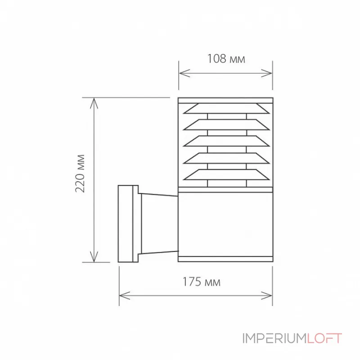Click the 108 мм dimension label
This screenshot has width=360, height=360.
(x=226, y=59)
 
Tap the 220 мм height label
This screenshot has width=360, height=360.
(x=81, y=173)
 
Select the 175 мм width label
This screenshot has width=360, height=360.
(x=201, y=283)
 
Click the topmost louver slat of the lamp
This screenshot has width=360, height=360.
(x=225, y=109)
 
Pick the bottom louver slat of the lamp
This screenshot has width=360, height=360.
(x=225, y=174)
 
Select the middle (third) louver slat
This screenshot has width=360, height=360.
(x=225, y=141)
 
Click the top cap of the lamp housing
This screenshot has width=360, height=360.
(x=225, y=100)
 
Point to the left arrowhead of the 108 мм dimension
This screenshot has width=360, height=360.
(x=182, y=73)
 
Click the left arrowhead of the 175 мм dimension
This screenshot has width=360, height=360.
(x=122, y=296)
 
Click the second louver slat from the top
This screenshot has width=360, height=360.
(x=225, y=125)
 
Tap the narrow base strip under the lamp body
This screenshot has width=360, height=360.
(x=225, y=259)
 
